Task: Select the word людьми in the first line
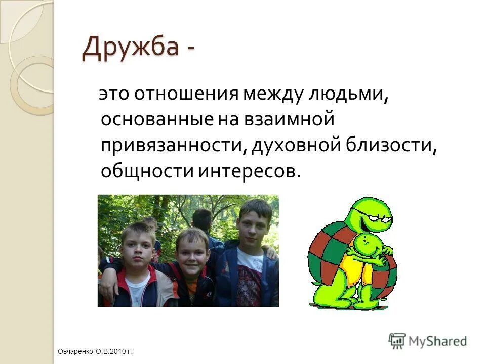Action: coord(349,94)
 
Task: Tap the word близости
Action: coord(390,146)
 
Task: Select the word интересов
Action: coord(248,171)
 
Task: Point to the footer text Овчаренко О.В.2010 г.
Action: coord(95,351)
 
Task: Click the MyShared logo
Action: coord(428,341)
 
